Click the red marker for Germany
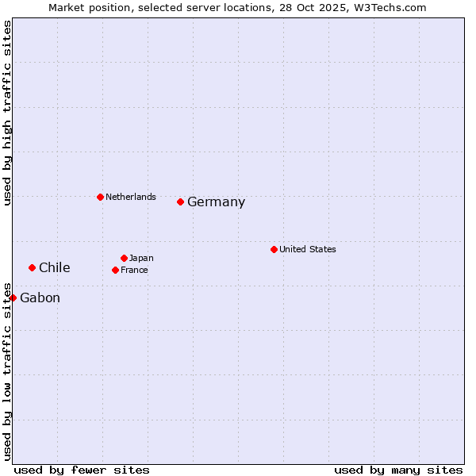[x=181, y=202]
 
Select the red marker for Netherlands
[x=100, y=197]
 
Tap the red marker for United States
[x=274, y=249]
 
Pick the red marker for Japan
[x=124, y=258]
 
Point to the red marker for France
[x=115, y=270]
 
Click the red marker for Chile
[x=32, y=267]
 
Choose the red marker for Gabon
[x=13, y=297]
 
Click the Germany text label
[x=216, y=202]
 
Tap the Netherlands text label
[x=131, y=197]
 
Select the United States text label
[x=308, y=249]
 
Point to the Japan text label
[x=141, y=258]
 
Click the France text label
[x=134, y=270]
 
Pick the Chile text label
[x=55, y=268]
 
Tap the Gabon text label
[x=40, y=298]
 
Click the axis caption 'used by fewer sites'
[x=82, y=470]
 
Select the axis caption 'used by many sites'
[x=398, y=470]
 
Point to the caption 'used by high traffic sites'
[x=7, y=113]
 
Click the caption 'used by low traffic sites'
[x=7, y=370]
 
